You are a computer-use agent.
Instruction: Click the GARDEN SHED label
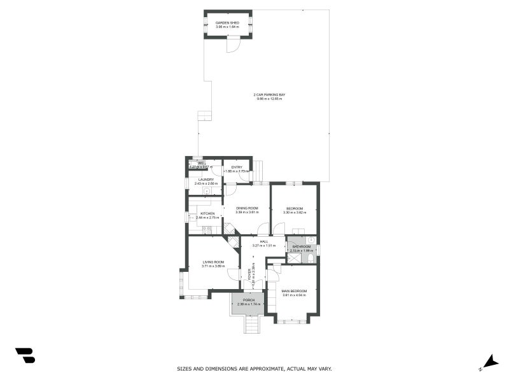[227, 23]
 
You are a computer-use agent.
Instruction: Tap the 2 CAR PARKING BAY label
[269, 95]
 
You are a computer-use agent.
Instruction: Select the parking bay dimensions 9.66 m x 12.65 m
[269, 99]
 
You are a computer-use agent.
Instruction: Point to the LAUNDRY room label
[206, 180]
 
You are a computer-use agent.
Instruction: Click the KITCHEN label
[207, 213]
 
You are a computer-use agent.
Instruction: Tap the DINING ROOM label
[247, 208]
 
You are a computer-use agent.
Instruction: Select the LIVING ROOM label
[213, 262]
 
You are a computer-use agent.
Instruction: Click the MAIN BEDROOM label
[294, 291]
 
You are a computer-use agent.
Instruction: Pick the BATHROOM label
[302, 246]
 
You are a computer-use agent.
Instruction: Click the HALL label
[263, 241]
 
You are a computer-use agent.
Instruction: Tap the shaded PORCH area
[248, 302]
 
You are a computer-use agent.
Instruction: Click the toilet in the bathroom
[309, 259]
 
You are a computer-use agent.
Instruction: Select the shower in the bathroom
[295, 258]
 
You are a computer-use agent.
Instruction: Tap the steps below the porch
[253, 325]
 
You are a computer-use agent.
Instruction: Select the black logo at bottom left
[25, 355]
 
